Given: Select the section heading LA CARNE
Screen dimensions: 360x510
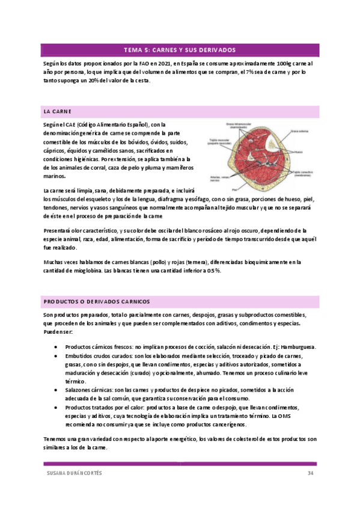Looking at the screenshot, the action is tap(58, 112).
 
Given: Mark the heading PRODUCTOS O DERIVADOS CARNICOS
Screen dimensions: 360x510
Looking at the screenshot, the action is tap(97, 301).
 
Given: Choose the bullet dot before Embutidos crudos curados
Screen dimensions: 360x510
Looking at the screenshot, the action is tap(55, 356).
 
